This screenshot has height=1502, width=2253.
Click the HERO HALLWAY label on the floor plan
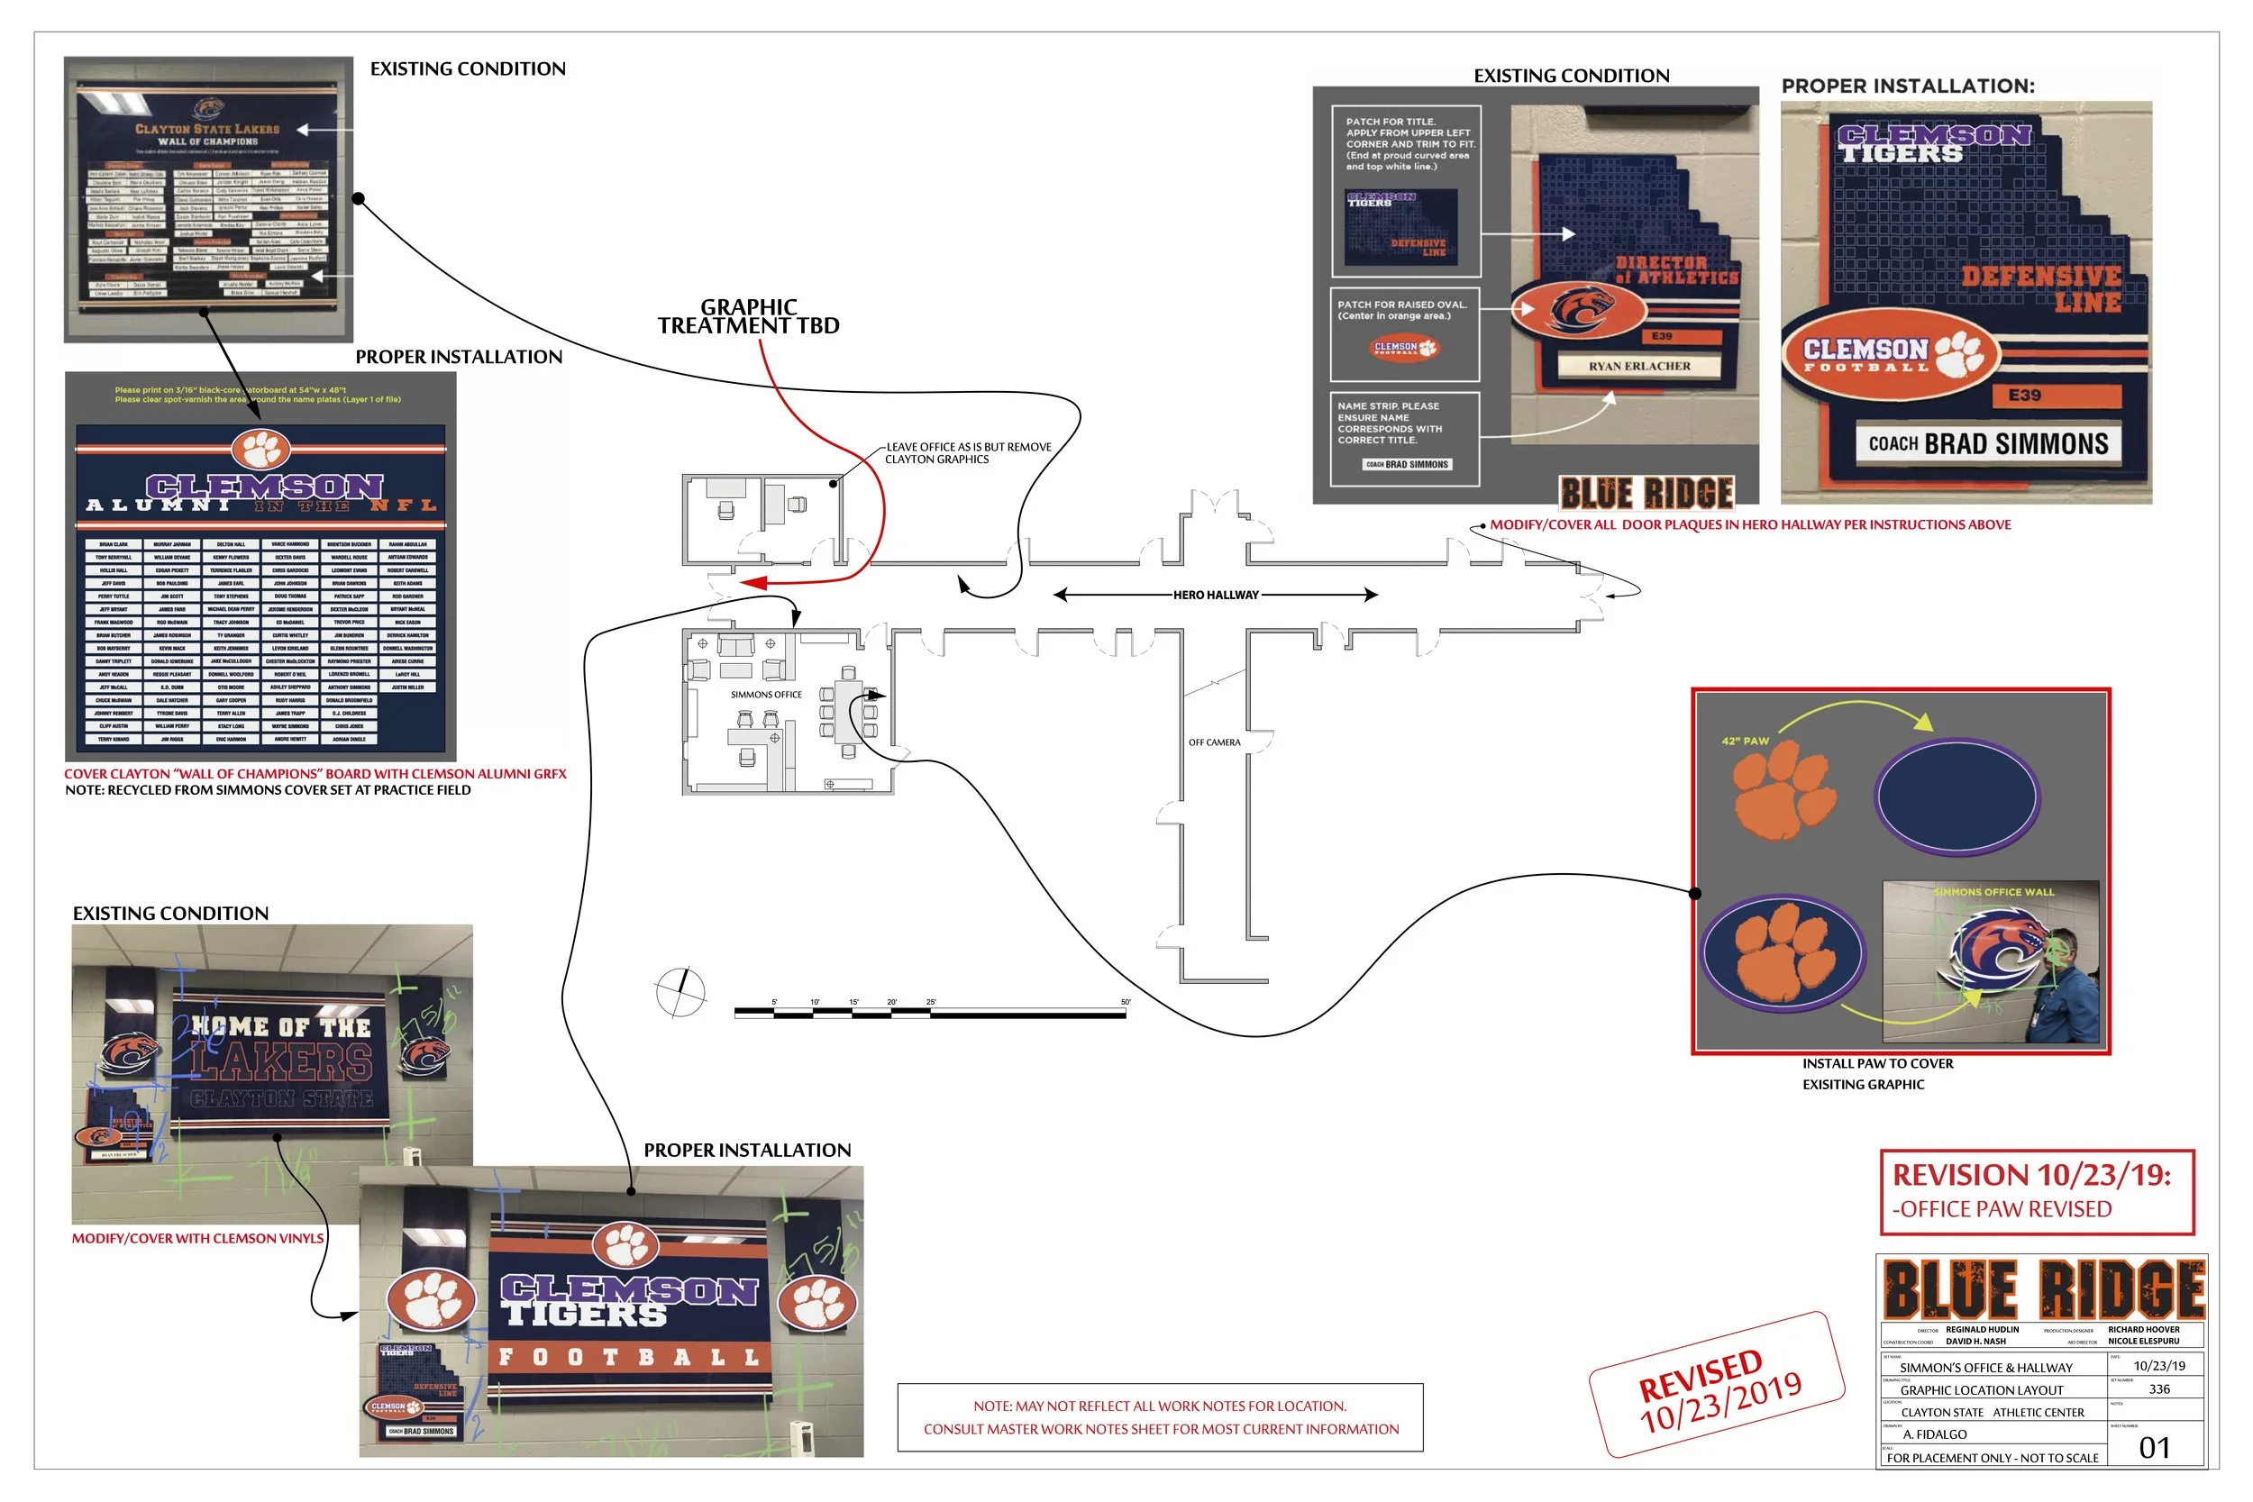[x=1216, y=595]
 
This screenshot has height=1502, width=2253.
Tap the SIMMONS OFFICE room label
[x=766, y=695]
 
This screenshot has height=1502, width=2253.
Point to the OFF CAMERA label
[x=1214, y=742]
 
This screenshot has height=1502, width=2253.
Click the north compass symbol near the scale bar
[x=681, y=991]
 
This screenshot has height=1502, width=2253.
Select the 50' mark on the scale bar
[x=1126, y=1003]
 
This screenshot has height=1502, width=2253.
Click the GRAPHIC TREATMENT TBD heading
[x=748, y=317]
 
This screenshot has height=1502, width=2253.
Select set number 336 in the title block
[x=2159, y=1389]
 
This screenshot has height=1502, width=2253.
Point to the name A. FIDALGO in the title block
[x=1935, y=1434]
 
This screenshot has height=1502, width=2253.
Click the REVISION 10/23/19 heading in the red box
[x=2031, y=1175]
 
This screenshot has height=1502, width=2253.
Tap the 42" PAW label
[x=1746, y=741]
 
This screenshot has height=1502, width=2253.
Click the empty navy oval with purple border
[x=1957, y=795]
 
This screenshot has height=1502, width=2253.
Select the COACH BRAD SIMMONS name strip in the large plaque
[x=1988, y=443]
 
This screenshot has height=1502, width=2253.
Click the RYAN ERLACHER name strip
[x=1639, y=366]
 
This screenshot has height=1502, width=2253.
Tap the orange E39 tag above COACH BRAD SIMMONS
[x=2024, y=395]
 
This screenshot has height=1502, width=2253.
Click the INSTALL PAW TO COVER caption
[x=1876, y=1063]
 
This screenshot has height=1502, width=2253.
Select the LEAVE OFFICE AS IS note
[x=968, y=453]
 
